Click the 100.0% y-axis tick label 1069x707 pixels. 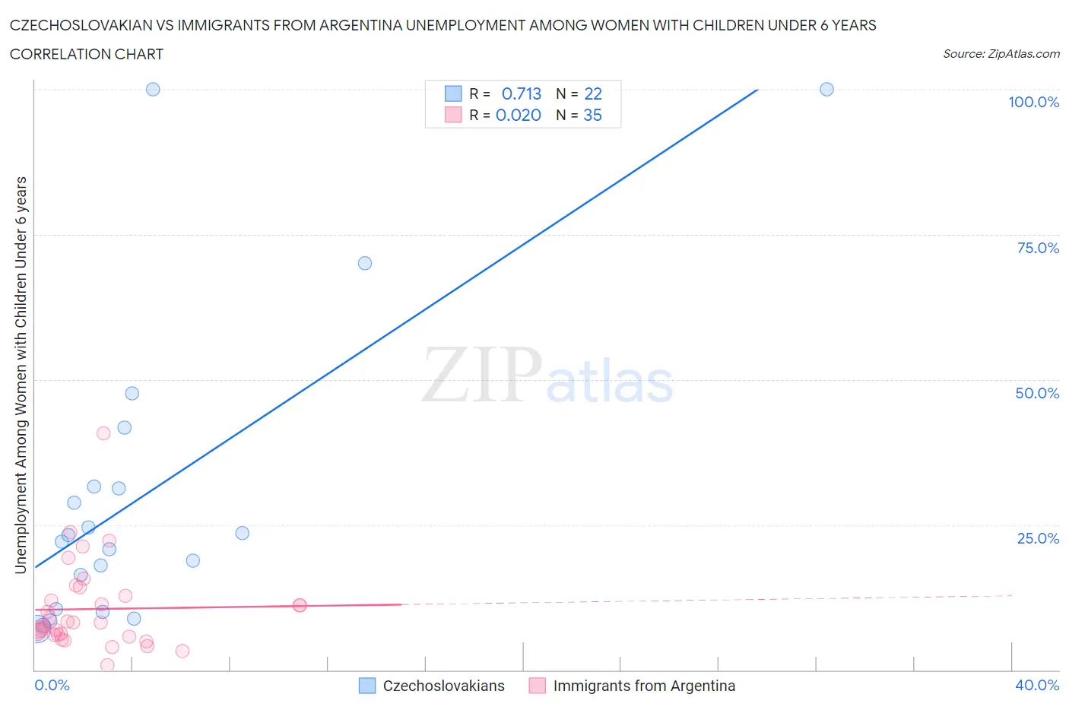(1033, 102)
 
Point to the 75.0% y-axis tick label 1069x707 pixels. (1038, 248)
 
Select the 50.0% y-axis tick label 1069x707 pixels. (1037, 393)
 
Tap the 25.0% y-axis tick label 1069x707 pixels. (1038, 538)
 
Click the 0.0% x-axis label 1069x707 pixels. (52, 685)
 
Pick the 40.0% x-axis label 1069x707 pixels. (1037, 685)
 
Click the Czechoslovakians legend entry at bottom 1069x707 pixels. (443, 686)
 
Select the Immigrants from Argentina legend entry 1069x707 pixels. (643, 686)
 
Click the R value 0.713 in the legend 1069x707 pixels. (522, 94)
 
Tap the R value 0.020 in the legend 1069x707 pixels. (519, 115)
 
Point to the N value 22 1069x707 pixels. (593, 94)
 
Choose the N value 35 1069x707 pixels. (592, 115)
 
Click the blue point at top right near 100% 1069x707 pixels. (826, 89)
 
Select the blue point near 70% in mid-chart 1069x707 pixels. (365, 263)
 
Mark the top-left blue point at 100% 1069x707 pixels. (153, 89)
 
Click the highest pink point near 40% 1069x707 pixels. (103, 433)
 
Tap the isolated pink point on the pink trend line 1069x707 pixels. (300, 605)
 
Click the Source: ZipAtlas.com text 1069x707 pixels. (1001, 54)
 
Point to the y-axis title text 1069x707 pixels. (21, 374)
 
